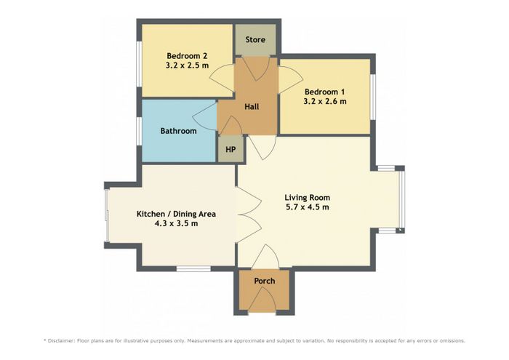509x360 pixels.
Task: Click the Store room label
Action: point(255,39)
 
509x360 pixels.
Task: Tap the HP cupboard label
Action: point(231,150)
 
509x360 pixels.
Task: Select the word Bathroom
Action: point(179,131)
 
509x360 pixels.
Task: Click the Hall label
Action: point(252,106)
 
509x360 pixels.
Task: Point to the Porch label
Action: point(265,281)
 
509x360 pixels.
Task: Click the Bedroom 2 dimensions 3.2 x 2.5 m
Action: point(188,65)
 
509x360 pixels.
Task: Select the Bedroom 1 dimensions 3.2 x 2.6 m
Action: point(325,101)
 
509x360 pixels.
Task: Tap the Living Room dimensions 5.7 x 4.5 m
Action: point(308,207)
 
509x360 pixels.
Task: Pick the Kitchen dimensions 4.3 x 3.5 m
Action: point(176,223)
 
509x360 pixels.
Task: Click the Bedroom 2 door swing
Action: point(222,78)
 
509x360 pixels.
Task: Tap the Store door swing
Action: point(256,68)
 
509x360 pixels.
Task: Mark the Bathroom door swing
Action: point(205,116)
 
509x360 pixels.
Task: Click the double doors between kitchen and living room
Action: point(249,215)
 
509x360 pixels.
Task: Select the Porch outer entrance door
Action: point(262,300)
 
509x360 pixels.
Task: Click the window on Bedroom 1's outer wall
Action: point(373,97)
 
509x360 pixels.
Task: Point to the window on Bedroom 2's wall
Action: point(139,64)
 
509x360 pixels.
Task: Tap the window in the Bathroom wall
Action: point(139,131)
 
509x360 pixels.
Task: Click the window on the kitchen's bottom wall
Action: point(193,268)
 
